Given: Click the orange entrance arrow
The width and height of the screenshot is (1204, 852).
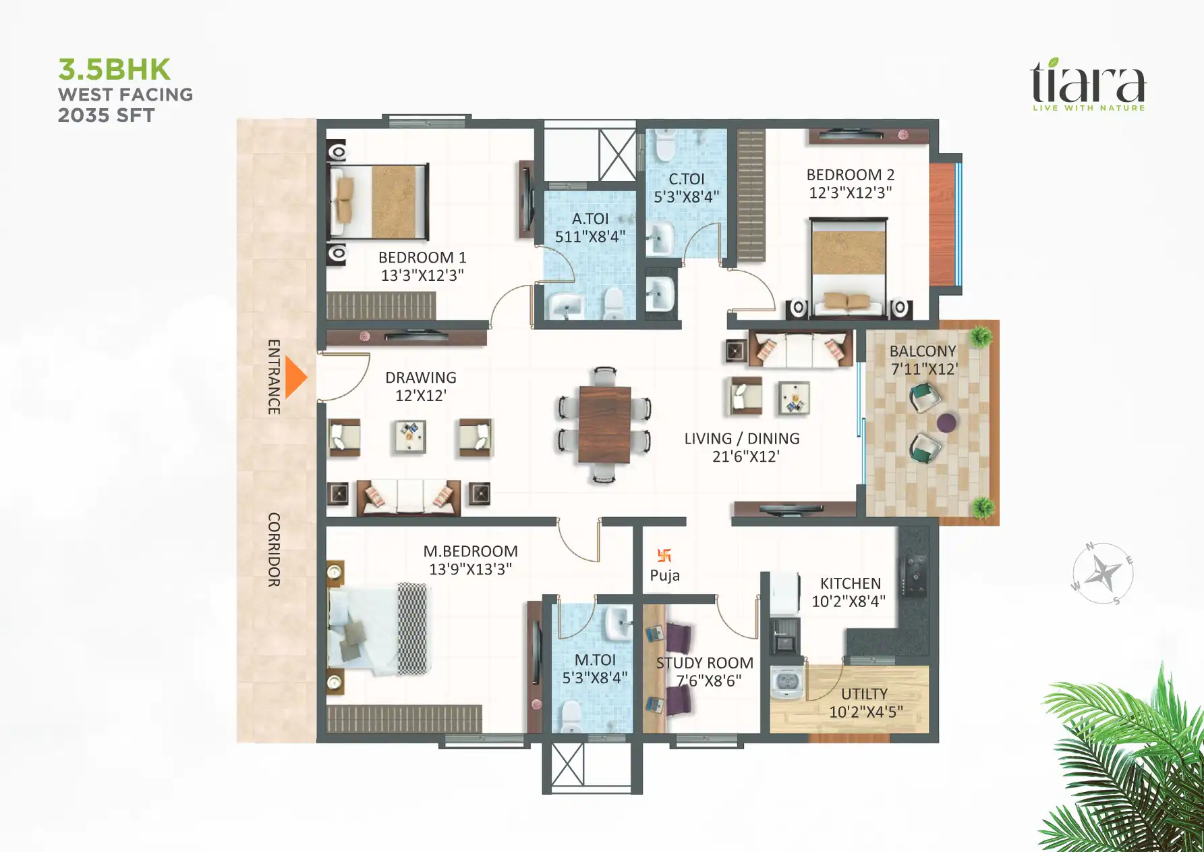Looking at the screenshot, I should click(x=295, y=378).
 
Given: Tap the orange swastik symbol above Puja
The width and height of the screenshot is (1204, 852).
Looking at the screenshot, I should click(x=664, y=556).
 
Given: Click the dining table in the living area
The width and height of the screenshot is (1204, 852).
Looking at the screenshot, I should click(x=604, y=425).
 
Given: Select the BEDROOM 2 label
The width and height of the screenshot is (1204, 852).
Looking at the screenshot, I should click(x=850, y=175).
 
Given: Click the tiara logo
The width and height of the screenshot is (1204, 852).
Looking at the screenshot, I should click(x=1087, y=84).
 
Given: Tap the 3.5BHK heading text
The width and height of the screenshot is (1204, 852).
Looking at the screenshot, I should click(x=115, y=70).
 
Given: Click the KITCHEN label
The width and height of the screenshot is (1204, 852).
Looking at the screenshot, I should click(x=850, y=583).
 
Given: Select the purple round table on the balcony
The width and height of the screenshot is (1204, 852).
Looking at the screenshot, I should click(x=946, y=423).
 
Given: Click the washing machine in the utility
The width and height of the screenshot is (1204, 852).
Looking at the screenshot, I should click(x=786, y=682).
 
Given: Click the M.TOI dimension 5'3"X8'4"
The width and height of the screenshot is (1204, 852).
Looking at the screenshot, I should click(x=595, y=678).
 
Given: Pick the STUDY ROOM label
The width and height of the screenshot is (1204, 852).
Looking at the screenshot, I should click(x=705, y=663).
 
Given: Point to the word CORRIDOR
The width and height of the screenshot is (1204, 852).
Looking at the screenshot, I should click(x=274, y=550).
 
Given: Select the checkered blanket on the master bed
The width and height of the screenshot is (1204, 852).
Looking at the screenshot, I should click(x=413, y=628).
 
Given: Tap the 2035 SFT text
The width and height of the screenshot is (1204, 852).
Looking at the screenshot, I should click(x=107, y=115).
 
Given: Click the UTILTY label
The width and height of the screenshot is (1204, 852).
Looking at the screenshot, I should click(x=864, y=694).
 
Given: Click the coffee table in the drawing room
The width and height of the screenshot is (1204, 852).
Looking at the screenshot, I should click(x=410, y=436).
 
